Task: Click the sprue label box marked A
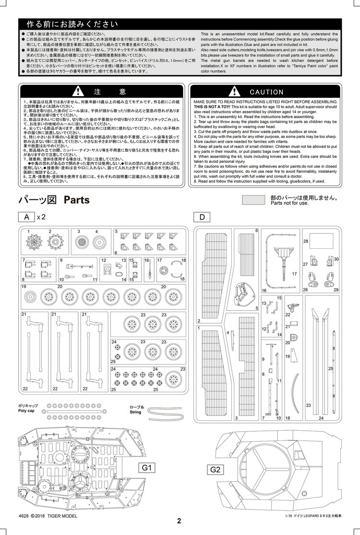pyautogui.click(x=26, y=217)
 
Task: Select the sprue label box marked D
pyautogui.click(x=202, y=217)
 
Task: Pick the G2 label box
pyautogui.click(x=215, y=470)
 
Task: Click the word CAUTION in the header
pyautogui.click(x=267, y=92)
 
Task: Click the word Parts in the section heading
pyautogui.click(x=77, y=199)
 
